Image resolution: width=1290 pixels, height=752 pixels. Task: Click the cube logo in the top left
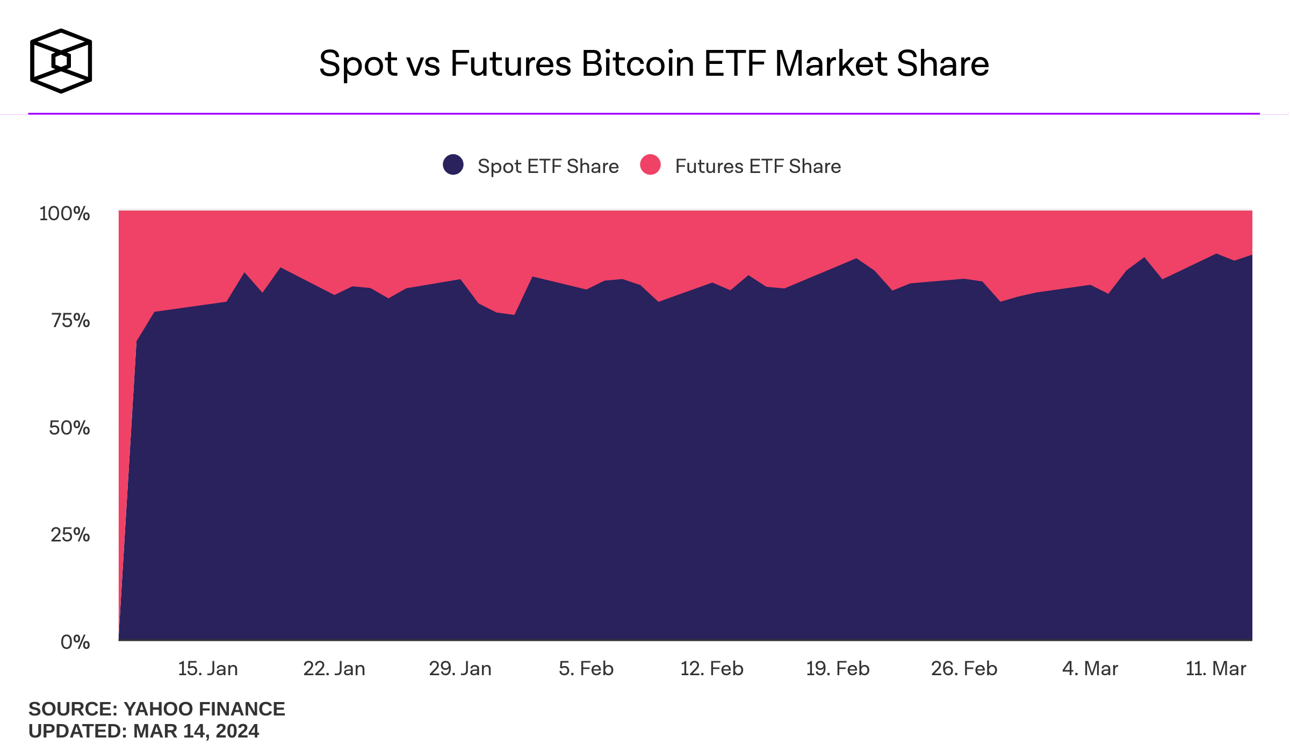coord(61,61)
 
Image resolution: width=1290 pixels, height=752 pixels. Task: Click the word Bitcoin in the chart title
coord(638,64)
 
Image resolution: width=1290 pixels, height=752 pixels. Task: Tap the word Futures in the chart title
coord(510,64)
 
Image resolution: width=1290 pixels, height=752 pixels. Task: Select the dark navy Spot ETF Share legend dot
coord(453,165)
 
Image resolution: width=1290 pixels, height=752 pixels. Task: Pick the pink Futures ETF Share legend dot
coord(650,165)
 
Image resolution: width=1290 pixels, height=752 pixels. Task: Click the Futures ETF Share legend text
coord(758,167)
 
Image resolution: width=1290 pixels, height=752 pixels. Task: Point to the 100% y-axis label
coord(64,214)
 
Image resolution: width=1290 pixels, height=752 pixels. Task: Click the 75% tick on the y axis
coord(70,321)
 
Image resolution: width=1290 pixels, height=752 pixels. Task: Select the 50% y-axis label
coord(69,428)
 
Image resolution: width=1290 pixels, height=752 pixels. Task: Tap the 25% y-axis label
coord(70,535)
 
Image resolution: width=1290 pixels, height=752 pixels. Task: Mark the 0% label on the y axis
coord(75,642)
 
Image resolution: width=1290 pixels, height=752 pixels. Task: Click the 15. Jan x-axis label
coord(208,669)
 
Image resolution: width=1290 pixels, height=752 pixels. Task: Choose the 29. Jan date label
coord(460,669)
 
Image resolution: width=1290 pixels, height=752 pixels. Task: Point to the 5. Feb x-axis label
coord(586,669)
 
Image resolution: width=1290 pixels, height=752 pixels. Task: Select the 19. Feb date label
coord(838,669)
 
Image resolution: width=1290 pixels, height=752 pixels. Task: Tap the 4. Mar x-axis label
coord(1090,669)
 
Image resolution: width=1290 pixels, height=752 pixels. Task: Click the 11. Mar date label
coord(1216,669)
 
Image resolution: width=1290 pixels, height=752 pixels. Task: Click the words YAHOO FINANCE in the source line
coord(204,709)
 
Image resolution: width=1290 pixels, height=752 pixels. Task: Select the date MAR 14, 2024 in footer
coord(196,732)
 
